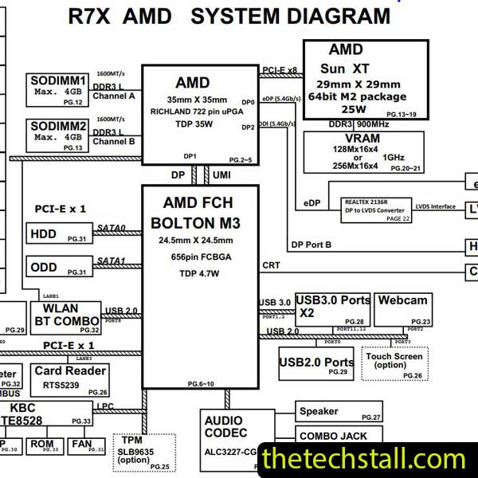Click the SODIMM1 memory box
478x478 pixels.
click(58, 89)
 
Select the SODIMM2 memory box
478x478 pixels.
click(58, 135)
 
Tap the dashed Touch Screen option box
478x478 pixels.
click(394, 363)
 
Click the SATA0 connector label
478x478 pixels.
click(112, 229)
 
